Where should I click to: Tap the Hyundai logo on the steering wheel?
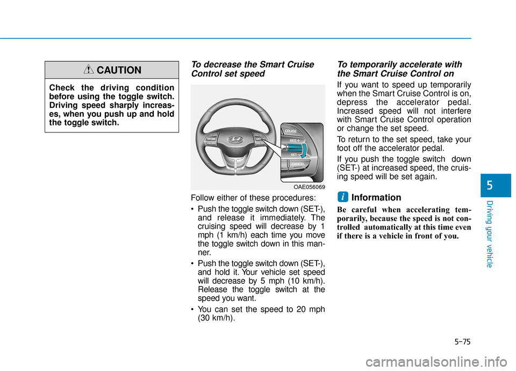(235, 139)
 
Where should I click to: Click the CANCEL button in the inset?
(298, 164)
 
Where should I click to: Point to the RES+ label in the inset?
(295, 140)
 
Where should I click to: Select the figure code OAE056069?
(309, 186)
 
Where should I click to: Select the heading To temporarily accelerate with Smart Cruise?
(399, 69)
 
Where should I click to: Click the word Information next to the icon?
(376, 198)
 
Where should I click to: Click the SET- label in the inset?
(293, 155)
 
